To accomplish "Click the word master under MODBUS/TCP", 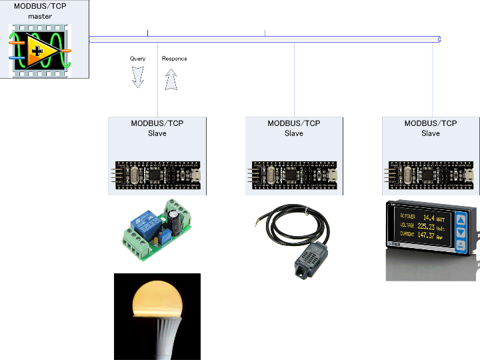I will (x=40, y=16).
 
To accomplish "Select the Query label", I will (x=137, y=59).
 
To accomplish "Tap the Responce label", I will (x=175, y=59).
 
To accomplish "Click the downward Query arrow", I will (x=138, y=77).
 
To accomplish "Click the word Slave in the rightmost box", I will (x=431, y=133).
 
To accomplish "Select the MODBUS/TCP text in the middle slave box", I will (x=294, y=123).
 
